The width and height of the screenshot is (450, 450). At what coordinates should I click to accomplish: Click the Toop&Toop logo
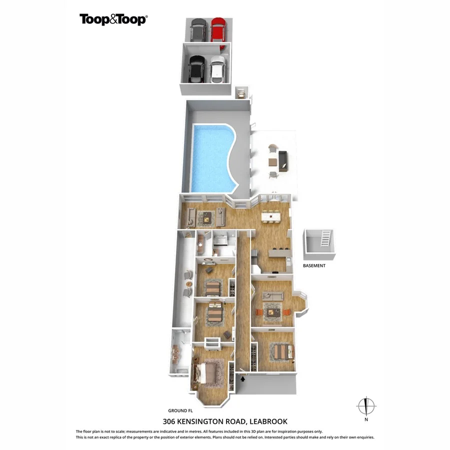(x=113, y=19)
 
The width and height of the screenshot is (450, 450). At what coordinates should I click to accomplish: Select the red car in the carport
(x=217, y=30)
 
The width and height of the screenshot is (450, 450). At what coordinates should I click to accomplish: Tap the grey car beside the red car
(x=198, y=30)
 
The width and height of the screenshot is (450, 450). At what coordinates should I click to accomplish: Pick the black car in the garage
(x=196, y=69)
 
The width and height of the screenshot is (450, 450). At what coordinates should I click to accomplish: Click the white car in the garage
(x=216, y=70)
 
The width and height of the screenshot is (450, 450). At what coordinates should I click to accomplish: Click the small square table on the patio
(x=272, y=161)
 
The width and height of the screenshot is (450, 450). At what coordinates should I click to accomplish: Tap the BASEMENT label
(x=314, y=266)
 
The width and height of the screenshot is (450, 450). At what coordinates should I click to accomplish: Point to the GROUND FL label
(x=180, y=409)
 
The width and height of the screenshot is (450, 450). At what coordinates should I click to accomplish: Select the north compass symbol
(x=366, y=406)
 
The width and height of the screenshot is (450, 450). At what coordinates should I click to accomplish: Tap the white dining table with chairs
(x=270, y=216)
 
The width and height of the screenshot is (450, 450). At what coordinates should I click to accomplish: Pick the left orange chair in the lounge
(x=258, y=312)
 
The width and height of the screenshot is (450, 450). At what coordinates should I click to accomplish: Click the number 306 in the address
(x=170, y=421)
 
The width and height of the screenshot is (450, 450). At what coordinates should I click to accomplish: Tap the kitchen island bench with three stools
(x=281, y=254)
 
